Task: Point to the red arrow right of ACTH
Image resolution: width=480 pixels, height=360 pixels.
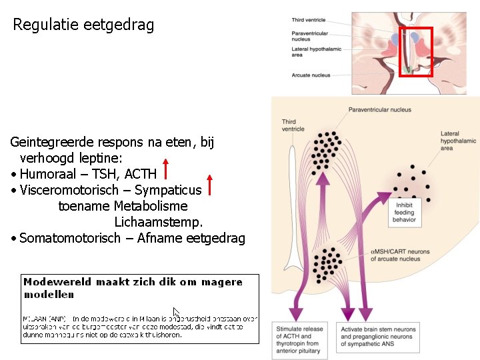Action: click(165, 170)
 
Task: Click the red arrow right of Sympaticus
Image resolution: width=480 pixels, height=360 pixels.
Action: click(209, 185)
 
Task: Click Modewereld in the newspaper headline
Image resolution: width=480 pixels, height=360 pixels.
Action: click(57, 282)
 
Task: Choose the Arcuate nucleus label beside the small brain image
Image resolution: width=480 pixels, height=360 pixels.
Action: click(311, 75)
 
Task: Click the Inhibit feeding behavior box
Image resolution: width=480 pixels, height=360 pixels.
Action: click(404, 213)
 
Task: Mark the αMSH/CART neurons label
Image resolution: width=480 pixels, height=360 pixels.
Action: click(400, 255)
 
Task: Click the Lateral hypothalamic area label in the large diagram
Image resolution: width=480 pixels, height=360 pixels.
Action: click(458, 141)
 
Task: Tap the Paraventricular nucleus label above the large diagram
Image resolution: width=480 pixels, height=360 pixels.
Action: click(380, 109)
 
